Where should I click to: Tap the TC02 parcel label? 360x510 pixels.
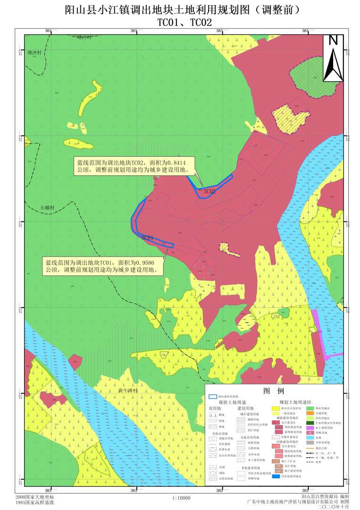209,192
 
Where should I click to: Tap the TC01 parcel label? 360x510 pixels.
148,238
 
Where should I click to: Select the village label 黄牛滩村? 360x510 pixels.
128,391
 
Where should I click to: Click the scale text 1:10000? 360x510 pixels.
182,498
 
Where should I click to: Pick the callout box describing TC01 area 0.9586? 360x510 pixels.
102,266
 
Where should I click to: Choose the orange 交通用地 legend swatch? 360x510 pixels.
310,413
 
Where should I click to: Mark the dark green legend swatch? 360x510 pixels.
310,423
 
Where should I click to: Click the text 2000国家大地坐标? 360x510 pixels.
34,497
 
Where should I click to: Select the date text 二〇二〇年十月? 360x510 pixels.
334,506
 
